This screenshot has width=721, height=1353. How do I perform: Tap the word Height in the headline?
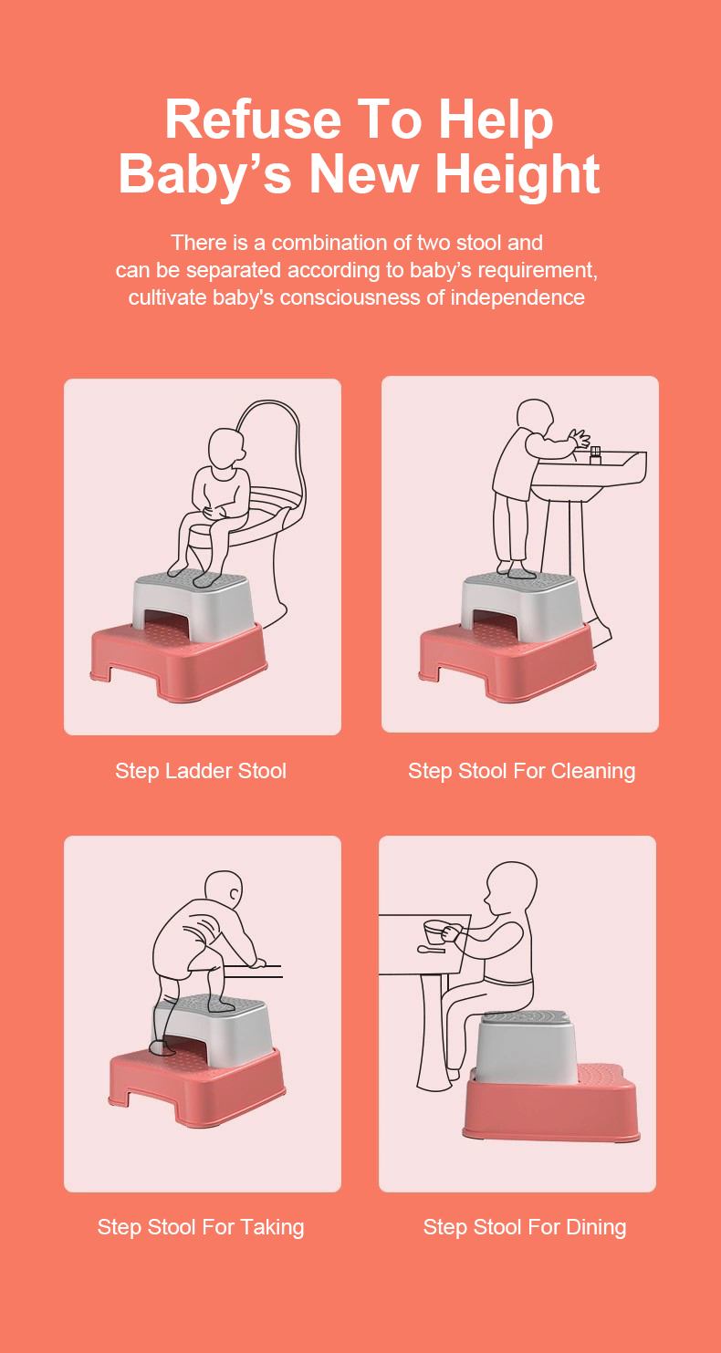(x=518, y=174)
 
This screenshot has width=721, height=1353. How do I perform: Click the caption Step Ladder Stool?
(x=201, y=771)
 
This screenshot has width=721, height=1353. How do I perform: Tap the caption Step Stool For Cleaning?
(x=521, y=771)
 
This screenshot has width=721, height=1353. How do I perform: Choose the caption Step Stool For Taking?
(x=201, y=1227)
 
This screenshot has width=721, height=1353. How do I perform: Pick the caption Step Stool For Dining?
(x=525, y=1227)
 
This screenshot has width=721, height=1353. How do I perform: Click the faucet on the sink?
(x=596, y=455)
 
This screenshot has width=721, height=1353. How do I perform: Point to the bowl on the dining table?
(x=437, y=933)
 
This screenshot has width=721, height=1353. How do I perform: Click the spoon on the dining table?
(x=432, y=950)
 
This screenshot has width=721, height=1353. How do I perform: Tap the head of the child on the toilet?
(x=226, y=448)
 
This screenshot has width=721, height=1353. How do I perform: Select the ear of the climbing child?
(x=235, y=893)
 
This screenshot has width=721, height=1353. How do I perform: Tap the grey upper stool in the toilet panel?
(x=193, y=601)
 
